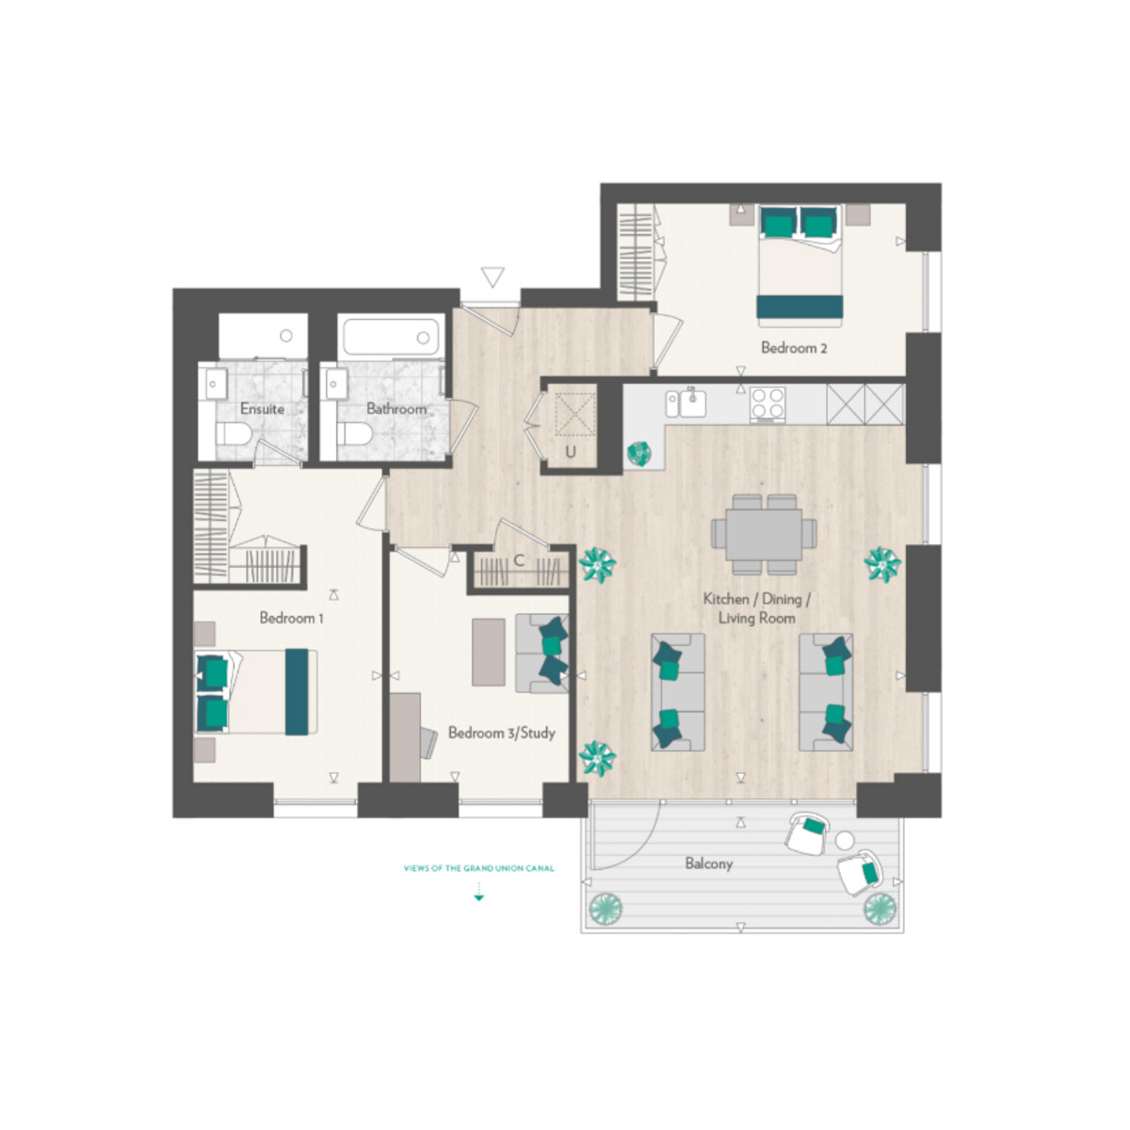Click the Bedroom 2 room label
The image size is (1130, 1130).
[794, 347]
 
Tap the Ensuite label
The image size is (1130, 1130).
[262, 409]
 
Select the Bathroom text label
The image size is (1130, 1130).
[396, 409]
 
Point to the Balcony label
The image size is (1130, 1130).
[709, 864]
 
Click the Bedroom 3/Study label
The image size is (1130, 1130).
[501, 733]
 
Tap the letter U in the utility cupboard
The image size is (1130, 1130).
[570, 453]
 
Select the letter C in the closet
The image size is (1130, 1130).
[518, 561]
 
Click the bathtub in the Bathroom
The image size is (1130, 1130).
[391, 336]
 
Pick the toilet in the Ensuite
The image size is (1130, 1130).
[234, 434]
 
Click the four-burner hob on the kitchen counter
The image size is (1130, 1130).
[767, 403]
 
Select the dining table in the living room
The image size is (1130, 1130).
[764, 535]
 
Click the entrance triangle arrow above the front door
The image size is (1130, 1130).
[492, 277]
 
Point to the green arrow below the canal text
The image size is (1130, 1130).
[478, 892]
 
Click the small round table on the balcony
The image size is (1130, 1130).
[845, 841]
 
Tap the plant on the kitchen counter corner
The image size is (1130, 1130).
[638, 453]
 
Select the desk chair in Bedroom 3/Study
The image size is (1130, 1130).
[429, 743]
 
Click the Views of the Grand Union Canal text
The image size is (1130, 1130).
[478, 868]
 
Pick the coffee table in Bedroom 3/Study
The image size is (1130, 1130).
[489, 652]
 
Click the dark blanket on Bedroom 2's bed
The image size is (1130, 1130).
[799, 307]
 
